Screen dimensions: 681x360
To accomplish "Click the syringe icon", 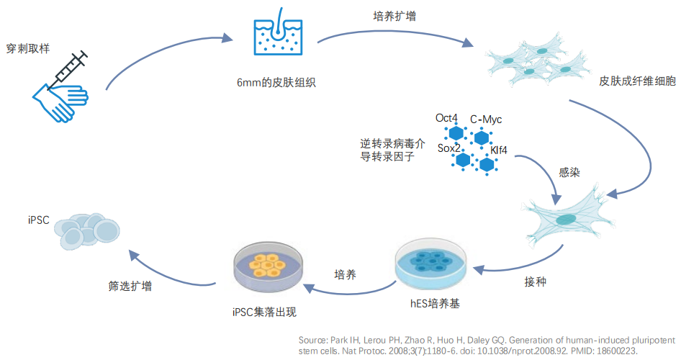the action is click(x=68, y=71).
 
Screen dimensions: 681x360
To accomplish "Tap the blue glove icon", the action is click(x=60, y=102).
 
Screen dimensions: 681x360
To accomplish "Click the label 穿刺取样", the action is click(x=28, y=48).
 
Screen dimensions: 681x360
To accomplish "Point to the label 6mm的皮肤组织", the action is click(x=276, y=82).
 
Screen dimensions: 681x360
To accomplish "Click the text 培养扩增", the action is click(x=394, y=16).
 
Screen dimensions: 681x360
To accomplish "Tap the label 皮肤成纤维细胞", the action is click(x=637, y=81).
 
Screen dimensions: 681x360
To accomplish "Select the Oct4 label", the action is click(x=446, y=118).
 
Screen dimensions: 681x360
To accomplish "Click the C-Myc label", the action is click(x=486, y=120).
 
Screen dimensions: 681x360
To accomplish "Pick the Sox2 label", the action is click(x=448, y=148).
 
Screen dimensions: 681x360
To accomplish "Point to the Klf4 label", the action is click(x=499, y=150).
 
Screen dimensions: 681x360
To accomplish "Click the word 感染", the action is click(x=569, y=172).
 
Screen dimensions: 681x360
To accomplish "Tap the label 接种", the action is click(x=535, y=282).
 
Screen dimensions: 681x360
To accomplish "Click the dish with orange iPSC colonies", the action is click(x=268, y=266).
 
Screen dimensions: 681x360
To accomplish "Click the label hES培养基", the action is click(x=435, y=303).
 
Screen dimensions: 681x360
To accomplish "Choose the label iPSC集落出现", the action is click(x=264, y=312).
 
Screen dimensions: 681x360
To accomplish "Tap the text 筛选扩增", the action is click(x=130, y=286).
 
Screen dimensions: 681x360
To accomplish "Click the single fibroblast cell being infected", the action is click(x=567, y=217).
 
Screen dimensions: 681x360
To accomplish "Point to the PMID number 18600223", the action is click(x=616, y=351).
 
